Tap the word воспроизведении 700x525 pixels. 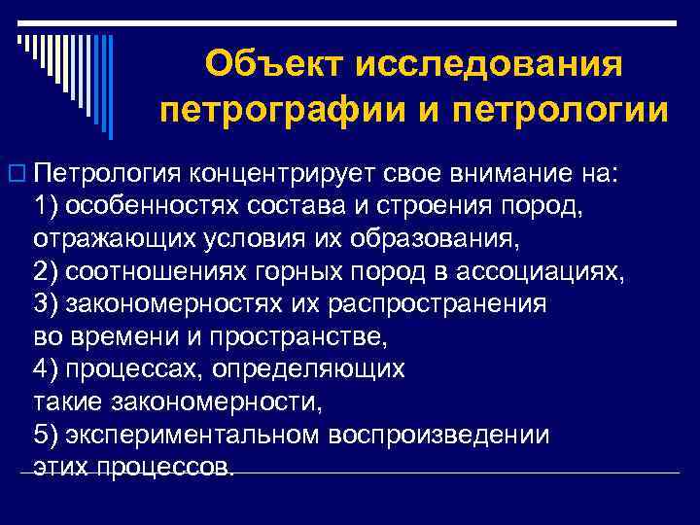439,434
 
